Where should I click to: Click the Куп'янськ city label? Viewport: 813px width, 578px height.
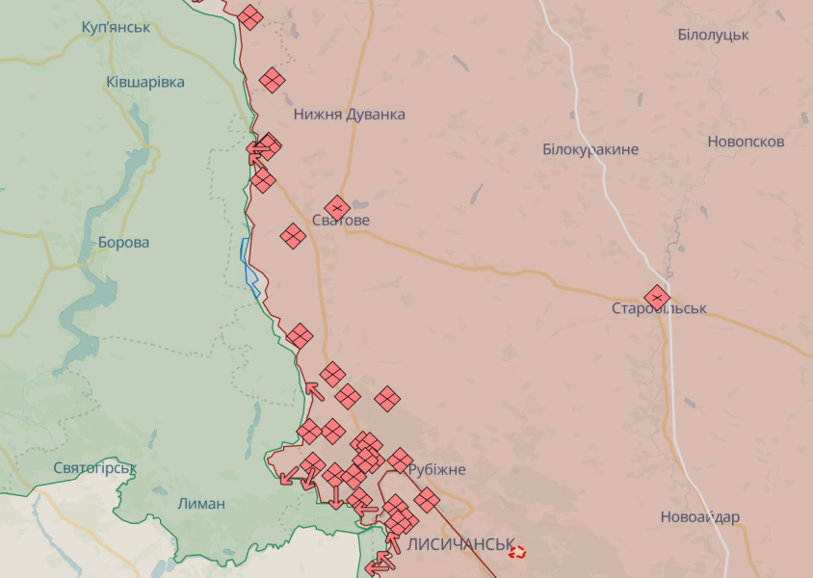[x=116, y=26]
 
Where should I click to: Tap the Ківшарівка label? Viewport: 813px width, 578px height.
[x=145, y=82]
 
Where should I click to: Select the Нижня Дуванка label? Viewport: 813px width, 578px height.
[x=349, y=114]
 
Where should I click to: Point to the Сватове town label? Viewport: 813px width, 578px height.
[x=340, y=221]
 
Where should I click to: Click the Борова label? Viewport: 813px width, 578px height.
[x=123, y=242]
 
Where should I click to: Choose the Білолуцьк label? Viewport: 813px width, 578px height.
[x=713, y=35]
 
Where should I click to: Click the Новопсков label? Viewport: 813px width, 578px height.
[x=746, y=142]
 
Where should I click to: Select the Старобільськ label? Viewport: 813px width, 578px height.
[x=659, y=309]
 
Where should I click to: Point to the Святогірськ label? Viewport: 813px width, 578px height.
[x=94, y=468]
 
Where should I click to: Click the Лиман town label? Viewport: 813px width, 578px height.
[x=201, y=503]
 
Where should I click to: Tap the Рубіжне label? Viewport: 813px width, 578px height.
[x=436, y=470]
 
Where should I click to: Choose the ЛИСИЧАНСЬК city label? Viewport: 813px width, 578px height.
[x=460, y=544]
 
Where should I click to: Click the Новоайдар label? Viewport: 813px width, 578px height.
[x=700, y=517]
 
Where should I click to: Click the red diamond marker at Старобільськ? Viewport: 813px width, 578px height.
[x=657, y=297]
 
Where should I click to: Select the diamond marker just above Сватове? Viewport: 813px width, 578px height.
[x=336, y=207]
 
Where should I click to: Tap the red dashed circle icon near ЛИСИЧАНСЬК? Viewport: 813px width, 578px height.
[x=517, y=552]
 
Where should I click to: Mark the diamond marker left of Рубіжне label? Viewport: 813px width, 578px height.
[x=400, y=460]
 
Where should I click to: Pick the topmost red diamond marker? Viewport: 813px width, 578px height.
[x=249, y=16]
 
